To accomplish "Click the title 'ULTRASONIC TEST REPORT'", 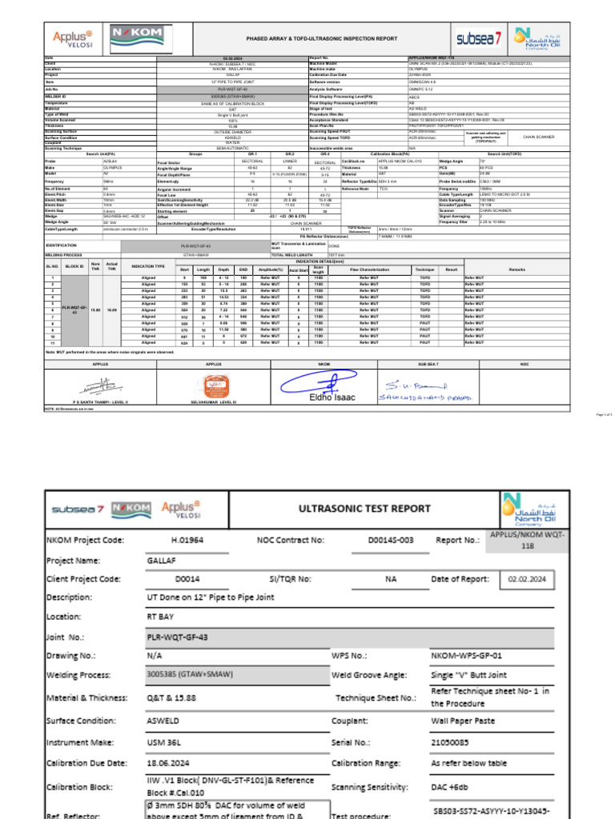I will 364,508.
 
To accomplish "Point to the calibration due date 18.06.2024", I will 170,762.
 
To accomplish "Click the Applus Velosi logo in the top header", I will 73,38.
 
